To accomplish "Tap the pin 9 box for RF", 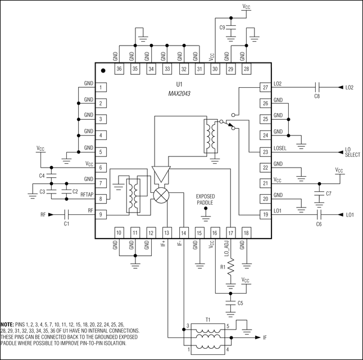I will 100,214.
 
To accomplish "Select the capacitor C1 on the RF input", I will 66,214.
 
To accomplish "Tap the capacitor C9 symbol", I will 230,26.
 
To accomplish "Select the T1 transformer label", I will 207,319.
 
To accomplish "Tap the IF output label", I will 265,337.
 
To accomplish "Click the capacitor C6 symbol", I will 319,214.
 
